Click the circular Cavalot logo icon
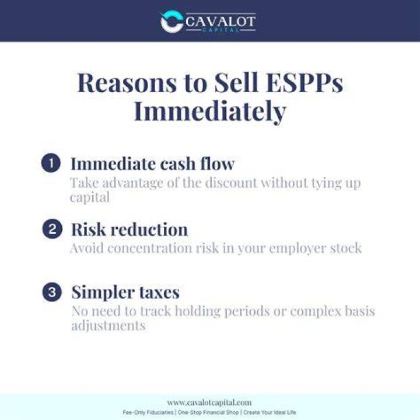[x=171, y=21]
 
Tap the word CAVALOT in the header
[x=220, y=21]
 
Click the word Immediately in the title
[x=210, y=111]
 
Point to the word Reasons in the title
[x=127, y=83]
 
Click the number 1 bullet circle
[x=51, y=163]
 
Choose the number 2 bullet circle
[x=52, y=229]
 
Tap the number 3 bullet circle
[x=52, y=292]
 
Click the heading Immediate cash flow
[x=153, y=163]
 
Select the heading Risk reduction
[x=129, y=229]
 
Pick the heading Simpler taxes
[x=125, y=292]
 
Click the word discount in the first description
[x=231, y=183]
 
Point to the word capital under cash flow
[x=90, y=198]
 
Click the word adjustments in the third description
[x=108, y=326]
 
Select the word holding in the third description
[x=198, y=311]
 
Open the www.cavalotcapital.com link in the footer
[x=209, y=402]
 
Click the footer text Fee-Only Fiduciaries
[x=148, y=412]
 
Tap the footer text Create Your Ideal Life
[x=269, y=412]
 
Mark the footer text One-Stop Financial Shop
[x=208, y=412]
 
